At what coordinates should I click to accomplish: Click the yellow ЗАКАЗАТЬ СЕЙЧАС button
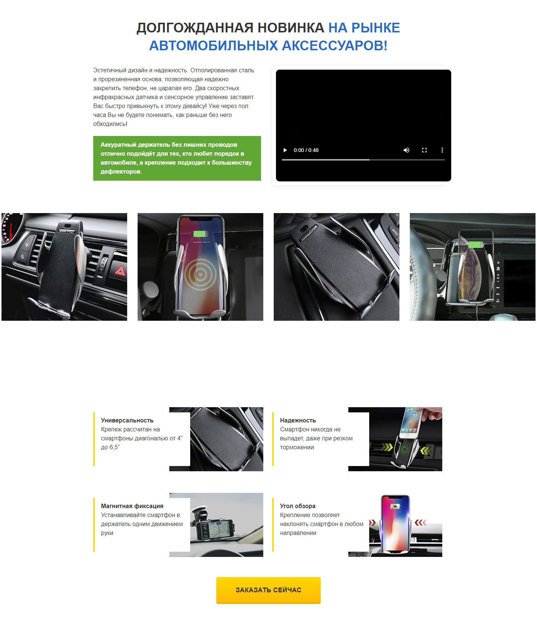coord(268,590)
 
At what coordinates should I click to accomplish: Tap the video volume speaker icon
coord(406,150)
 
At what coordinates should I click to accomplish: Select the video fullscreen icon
coord(424,150)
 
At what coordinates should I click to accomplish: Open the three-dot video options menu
coord(442,150)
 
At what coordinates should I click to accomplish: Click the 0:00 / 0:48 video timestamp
coord(306,150)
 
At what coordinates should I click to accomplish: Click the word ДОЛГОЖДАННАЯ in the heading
coord(193,28)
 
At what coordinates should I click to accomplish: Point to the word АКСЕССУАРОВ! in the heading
coord(335,46)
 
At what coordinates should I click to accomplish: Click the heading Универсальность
coord(127,420)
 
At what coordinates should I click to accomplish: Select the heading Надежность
coord(298,420)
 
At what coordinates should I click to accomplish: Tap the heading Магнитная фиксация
coord(132,506)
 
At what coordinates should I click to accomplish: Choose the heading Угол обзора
coord(298,506)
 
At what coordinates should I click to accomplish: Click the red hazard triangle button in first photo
coord(120,270)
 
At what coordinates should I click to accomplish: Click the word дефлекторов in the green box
coord(120,172)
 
